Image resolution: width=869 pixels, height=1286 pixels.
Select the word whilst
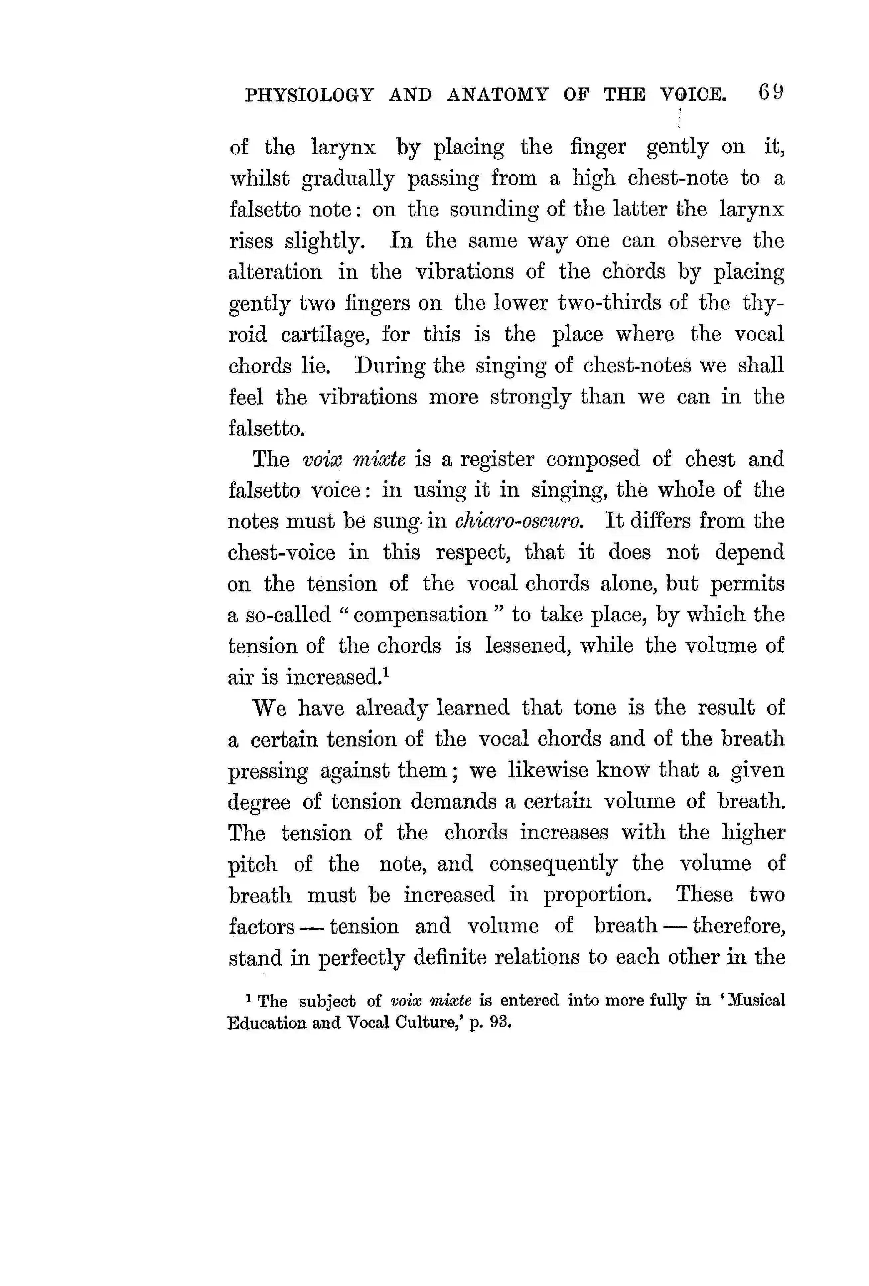pos(259,178)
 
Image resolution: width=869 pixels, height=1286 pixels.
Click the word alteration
pos(275,272)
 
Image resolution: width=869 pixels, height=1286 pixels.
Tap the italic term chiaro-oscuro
pos(519,521)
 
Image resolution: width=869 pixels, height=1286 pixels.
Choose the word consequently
pos(553,864)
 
